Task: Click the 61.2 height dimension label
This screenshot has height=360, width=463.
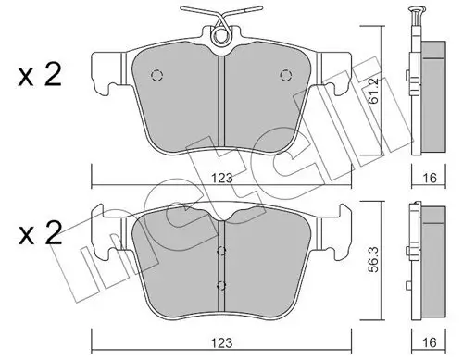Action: pyautogui.click(x=374, y=91)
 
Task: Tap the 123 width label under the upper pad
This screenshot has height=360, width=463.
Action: pyautogui.click(x=221, y=179)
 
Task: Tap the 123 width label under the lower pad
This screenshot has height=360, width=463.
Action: pyautogui.click(x=221, y=342)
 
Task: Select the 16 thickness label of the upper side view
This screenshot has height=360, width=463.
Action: pyautogui.click(x=429, y=178)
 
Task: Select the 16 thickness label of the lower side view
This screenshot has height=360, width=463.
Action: pyautogui.click(x=429, y=342)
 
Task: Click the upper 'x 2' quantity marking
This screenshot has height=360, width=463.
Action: pyautogui.click(x=40, y=75)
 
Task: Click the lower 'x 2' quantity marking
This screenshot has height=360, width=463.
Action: pyautogui.click(x=40, y=233)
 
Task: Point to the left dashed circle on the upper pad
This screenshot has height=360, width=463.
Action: pyautogui.click(x=156, y=75)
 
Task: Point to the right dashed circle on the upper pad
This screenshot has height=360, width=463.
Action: pyautogui.click(x=286, y=75)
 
